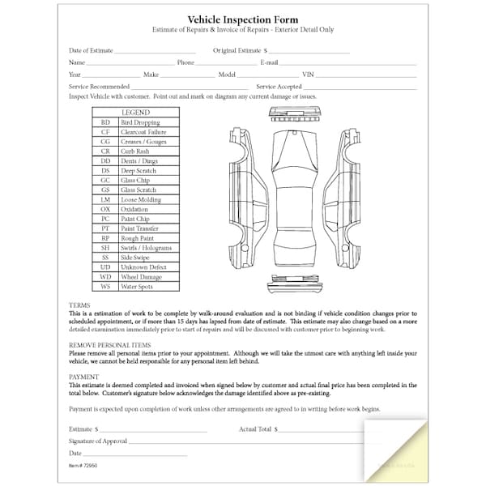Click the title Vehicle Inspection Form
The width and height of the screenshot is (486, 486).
click(243, 19)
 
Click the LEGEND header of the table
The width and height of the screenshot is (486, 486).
click(135, 112)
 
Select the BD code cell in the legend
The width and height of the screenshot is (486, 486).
click(105, 122)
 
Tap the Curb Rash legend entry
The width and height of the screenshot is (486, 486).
click(134, 151)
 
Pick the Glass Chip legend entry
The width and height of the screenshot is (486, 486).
click(134, 181)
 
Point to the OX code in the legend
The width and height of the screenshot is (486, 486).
click(105, 209)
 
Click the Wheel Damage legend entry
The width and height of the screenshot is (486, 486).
click(141, 277)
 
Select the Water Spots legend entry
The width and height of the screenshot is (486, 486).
click(138, 287)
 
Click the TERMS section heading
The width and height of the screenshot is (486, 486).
click(79, 305)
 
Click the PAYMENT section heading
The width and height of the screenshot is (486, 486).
click(84, 377)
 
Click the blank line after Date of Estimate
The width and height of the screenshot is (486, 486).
click(156, 51)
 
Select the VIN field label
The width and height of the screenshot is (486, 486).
click(308, 74)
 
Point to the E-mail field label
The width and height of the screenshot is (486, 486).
click(270, 62)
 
